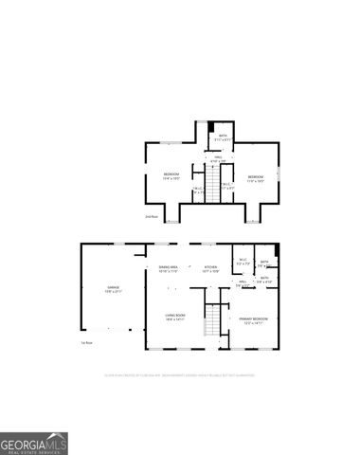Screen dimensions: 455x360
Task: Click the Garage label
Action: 113,290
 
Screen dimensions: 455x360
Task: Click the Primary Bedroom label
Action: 252,319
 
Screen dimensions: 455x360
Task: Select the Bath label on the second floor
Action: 223,137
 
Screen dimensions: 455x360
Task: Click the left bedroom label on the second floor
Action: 171,175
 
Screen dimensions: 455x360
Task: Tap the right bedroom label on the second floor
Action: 256,177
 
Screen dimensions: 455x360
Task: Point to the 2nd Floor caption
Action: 151,217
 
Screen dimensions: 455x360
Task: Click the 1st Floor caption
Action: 85,342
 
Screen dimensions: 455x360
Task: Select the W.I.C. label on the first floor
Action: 243,262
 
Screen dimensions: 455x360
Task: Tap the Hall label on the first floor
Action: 243,282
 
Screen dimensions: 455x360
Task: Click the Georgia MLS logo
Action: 34,443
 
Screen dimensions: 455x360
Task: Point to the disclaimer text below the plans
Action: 180,373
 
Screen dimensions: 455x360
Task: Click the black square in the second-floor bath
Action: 211,127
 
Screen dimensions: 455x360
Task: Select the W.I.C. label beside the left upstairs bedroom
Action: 196,191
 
